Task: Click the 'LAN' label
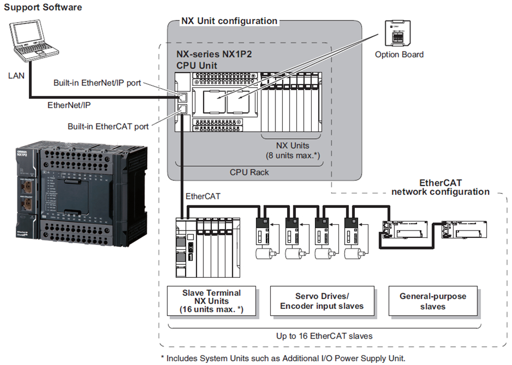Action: [x=16, y=76]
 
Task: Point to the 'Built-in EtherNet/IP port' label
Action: [x=97, y=83]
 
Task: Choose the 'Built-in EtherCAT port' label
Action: [x=108, y=127]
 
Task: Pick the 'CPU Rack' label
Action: [x=250, y=172]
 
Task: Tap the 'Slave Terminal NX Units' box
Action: [x=211, y=301]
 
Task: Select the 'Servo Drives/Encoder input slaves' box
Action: [x=322, y=301]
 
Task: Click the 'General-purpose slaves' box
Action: [x=433, y=301]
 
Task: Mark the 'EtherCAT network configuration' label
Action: [x=440, y=187]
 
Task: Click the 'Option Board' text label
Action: [x=399, y=54]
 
